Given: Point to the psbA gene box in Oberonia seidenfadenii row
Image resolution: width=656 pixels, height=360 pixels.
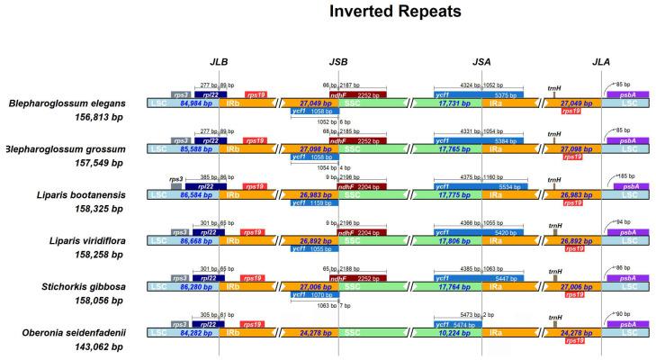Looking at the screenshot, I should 627,322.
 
